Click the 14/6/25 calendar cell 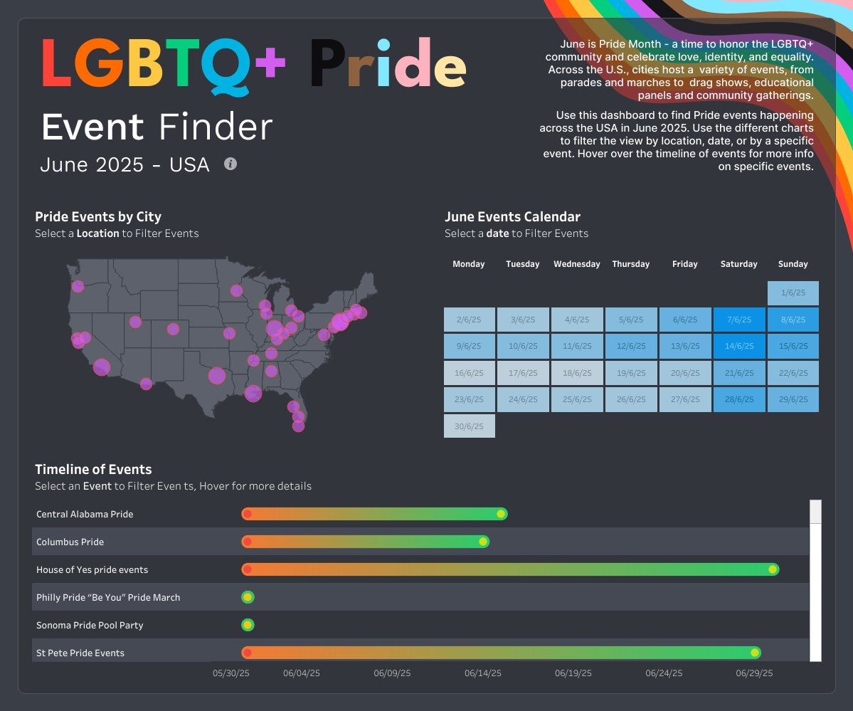(738, 346)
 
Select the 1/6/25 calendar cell (793, 293)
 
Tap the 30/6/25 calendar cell (469, 426)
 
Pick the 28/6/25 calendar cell (738, 399)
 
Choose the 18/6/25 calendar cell (576, 373)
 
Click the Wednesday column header (576, 264)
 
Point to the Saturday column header (738, 264)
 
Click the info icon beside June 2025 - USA (230, 164)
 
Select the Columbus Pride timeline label (70, 542)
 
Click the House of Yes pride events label (92, 569)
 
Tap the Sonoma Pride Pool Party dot (248, 625)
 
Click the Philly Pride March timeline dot (248, 597)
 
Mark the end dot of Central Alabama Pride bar (501, 514)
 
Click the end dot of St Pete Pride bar (755, 653)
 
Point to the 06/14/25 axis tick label (482, 673)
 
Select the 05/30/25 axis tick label (231, 673)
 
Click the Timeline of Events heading (93, 469)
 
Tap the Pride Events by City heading (98, 217)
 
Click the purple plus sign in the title (270, 64)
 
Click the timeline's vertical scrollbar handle (815, 512)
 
